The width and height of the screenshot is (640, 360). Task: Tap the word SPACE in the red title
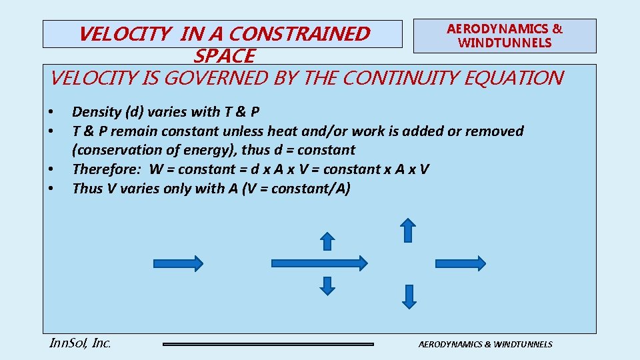coord(224,55)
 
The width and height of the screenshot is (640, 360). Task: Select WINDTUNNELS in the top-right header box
coord(505,43)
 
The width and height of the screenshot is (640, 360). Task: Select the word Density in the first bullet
coord(97,112)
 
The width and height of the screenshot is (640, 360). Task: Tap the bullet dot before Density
coord(51,112)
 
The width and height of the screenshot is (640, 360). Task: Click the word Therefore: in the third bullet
coord(106,169)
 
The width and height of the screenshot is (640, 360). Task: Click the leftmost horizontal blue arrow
coord(178,263)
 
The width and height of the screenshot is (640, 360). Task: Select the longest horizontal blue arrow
coord(318,263)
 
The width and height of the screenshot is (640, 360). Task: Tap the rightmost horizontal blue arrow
coord(461,263)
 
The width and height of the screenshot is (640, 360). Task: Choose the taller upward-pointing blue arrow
coord(408,231)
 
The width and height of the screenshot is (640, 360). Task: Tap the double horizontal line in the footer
coord(268,344)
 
